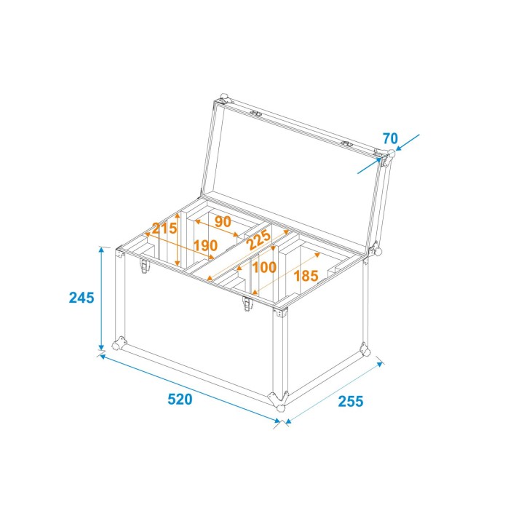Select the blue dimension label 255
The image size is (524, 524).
tap(349, 400)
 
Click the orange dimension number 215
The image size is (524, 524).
tap(164, 227)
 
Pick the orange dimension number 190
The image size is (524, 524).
tap(205, 245)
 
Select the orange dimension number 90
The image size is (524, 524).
tap(222, 221)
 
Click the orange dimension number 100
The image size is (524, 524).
tap(263, 267)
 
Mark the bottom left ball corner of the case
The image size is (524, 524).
tap(119, 342)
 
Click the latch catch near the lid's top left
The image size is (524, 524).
tap(255, 114)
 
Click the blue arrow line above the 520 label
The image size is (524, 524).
tap(189, 386)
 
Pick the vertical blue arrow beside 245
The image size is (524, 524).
tap(101, 299)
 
